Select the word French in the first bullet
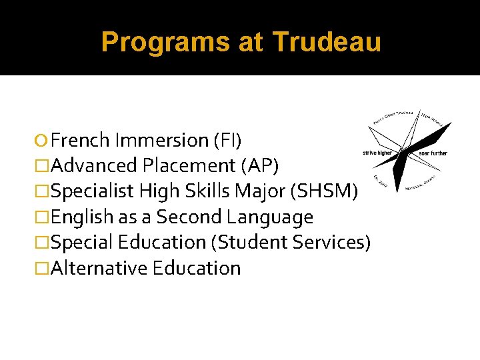[x=80, y=140]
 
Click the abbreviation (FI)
[x=227, y=140]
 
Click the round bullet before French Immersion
[x=44, y=141]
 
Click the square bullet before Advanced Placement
[x=44, y=166]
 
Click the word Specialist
[x=92, y=191]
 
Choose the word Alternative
[x=99, y=268]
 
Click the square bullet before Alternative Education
[x=44, y=269]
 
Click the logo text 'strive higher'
[x=377, y=153]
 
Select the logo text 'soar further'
[x=433, y=153]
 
